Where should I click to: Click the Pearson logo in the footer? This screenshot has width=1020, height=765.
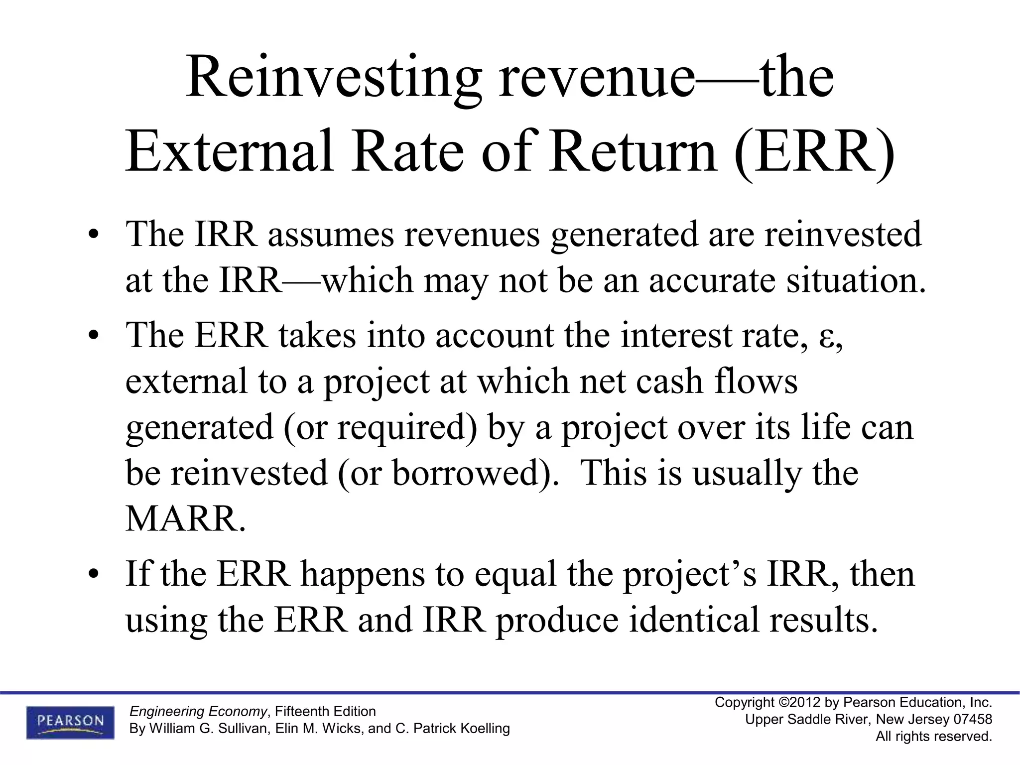[70, 722]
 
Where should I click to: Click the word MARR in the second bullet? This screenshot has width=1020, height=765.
[185, 519]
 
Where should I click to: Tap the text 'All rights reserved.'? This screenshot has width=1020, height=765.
[934, 737]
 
